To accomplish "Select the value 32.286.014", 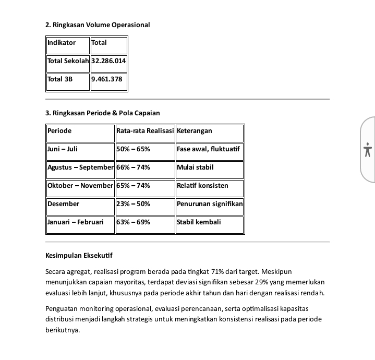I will (108, 61).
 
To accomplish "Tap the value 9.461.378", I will (106, 79).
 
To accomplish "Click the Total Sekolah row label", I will (67, 61).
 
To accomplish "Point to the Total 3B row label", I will (60, 79).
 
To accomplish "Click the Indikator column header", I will (62, 43).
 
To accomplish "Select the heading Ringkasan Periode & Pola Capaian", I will (103, 113).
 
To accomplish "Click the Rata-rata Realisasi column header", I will (145, 131).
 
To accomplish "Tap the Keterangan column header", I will (195, 131).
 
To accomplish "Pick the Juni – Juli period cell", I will (63, 149).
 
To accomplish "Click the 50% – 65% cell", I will (134, 149).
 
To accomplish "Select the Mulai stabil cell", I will (195, 167).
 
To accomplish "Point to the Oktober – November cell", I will (80, 186).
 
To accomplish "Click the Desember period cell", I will (64, 204).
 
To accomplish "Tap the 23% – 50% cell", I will (134, 204).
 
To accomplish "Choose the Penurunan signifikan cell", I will (210, 204).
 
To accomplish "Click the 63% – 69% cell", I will (134, 222).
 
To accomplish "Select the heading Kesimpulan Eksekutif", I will (79, 256).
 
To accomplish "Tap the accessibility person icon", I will (368, 150).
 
